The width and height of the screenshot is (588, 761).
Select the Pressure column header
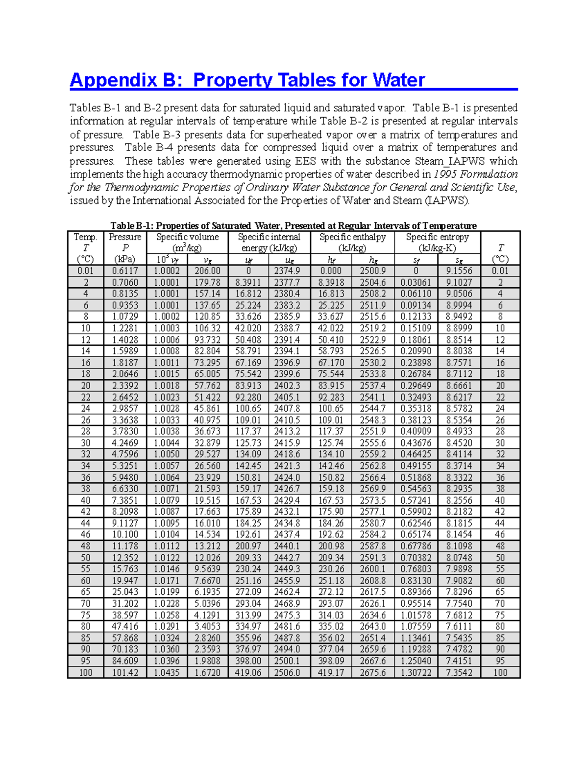[125, 237]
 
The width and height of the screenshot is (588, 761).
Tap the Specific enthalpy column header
[352, 237]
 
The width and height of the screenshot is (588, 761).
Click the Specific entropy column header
[437, 237]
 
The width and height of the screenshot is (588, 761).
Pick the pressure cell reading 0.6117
[125, 271]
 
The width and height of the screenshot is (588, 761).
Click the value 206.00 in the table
[207, 271]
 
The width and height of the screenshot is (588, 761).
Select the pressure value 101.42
[125, 673]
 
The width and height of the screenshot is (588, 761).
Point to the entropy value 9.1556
[459, 271]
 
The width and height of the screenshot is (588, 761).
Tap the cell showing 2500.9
[373, 271]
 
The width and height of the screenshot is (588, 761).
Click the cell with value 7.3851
[125, 500]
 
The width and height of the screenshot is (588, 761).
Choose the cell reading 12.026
[207, 558]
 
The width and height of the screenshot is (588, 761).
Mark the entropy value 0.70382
[416, 558]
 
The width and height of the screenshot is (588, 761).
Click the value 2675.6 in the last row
[373, 673]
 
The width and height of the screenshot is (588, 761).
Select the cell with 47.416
[125, 627]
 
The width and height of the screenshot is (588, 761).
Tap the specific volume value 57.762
[207, 386]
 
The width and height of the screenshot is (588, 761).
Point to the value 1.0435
[167, 673]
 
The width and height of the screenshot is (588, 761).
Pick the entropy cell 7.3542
[459, 673]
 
